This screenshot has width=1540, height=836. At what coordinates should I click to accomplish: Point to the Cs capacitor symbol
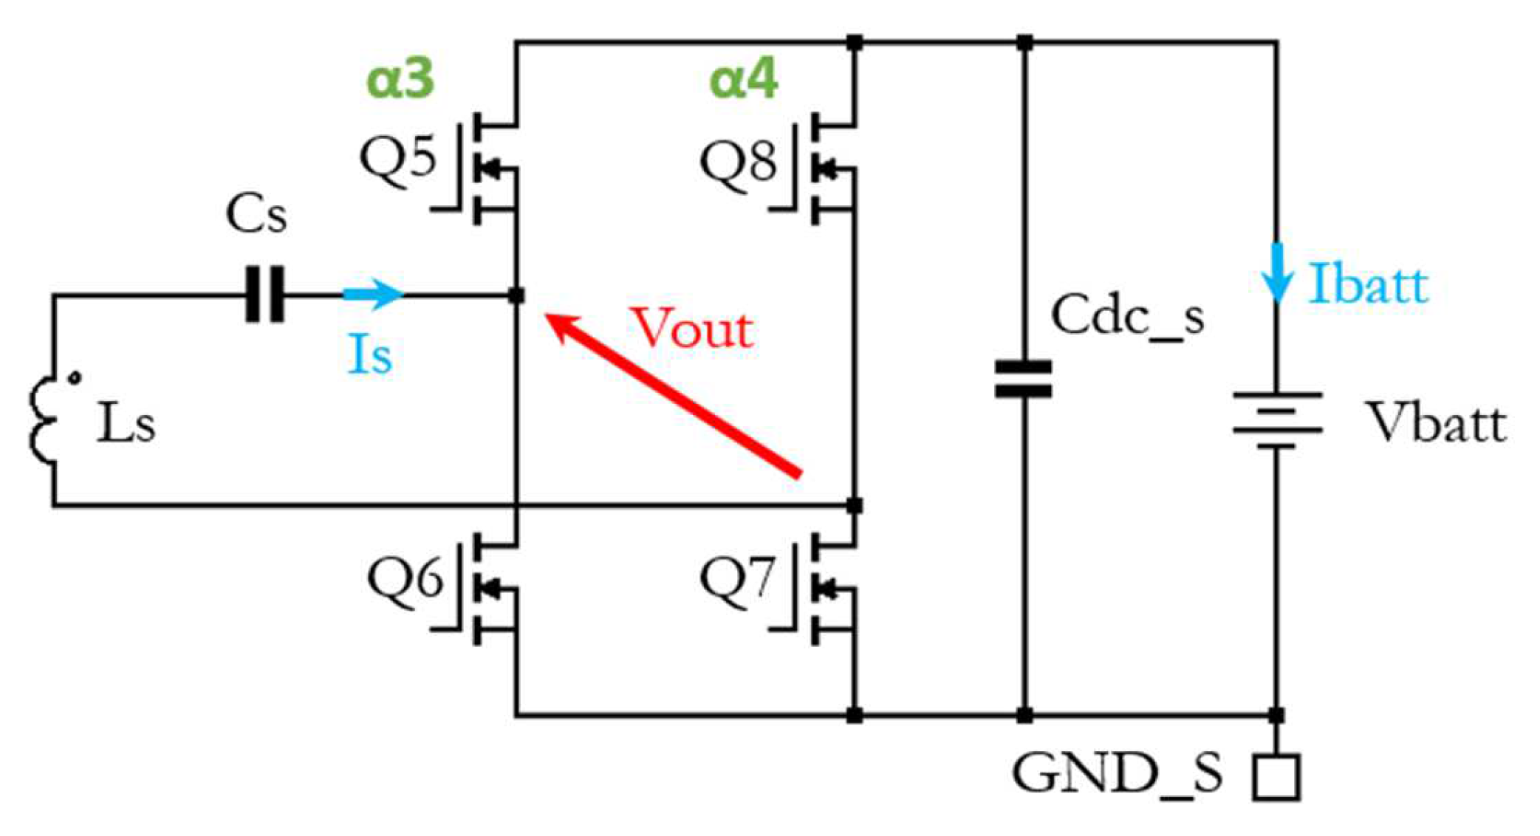[x=264, y=295]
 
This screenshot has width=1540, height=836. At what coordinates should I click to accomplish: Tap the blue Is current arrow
[x=372, y=294]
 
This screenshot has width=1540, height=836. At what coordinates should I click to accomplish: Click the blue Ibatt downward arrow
[x=1276, y=273]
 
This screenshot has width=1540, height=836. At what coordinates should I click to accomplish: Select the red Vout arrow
[x=672, y=395]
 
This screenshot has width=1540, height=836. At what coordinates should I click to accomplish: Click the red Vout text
[x=693, y=329]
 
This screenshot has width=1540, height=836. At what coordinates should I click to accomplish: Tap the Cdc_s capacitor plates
[x=1023, y=379]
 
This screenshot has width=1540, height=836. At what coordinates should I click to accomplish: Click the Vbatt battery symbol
[x=1276, y=419]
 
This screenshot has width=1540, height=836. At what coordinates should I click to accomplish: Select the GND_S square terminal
[x=1276, y=776]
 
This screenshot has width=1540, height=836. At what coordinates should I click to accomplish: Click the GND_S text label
[x=1116, y=774]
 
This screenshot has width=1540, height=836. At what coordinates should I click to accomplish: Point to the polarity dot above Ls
[x=75, y=378]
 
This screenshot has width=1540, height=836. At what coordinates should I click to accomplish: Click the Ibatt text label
[x=1368, y=284]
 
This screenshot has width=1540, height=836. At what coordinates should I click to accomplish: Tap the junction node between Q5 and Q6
[x=516, y=295]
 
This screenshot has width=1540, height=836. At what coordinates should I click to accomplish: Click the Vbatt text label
[x=1434, y=423]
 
